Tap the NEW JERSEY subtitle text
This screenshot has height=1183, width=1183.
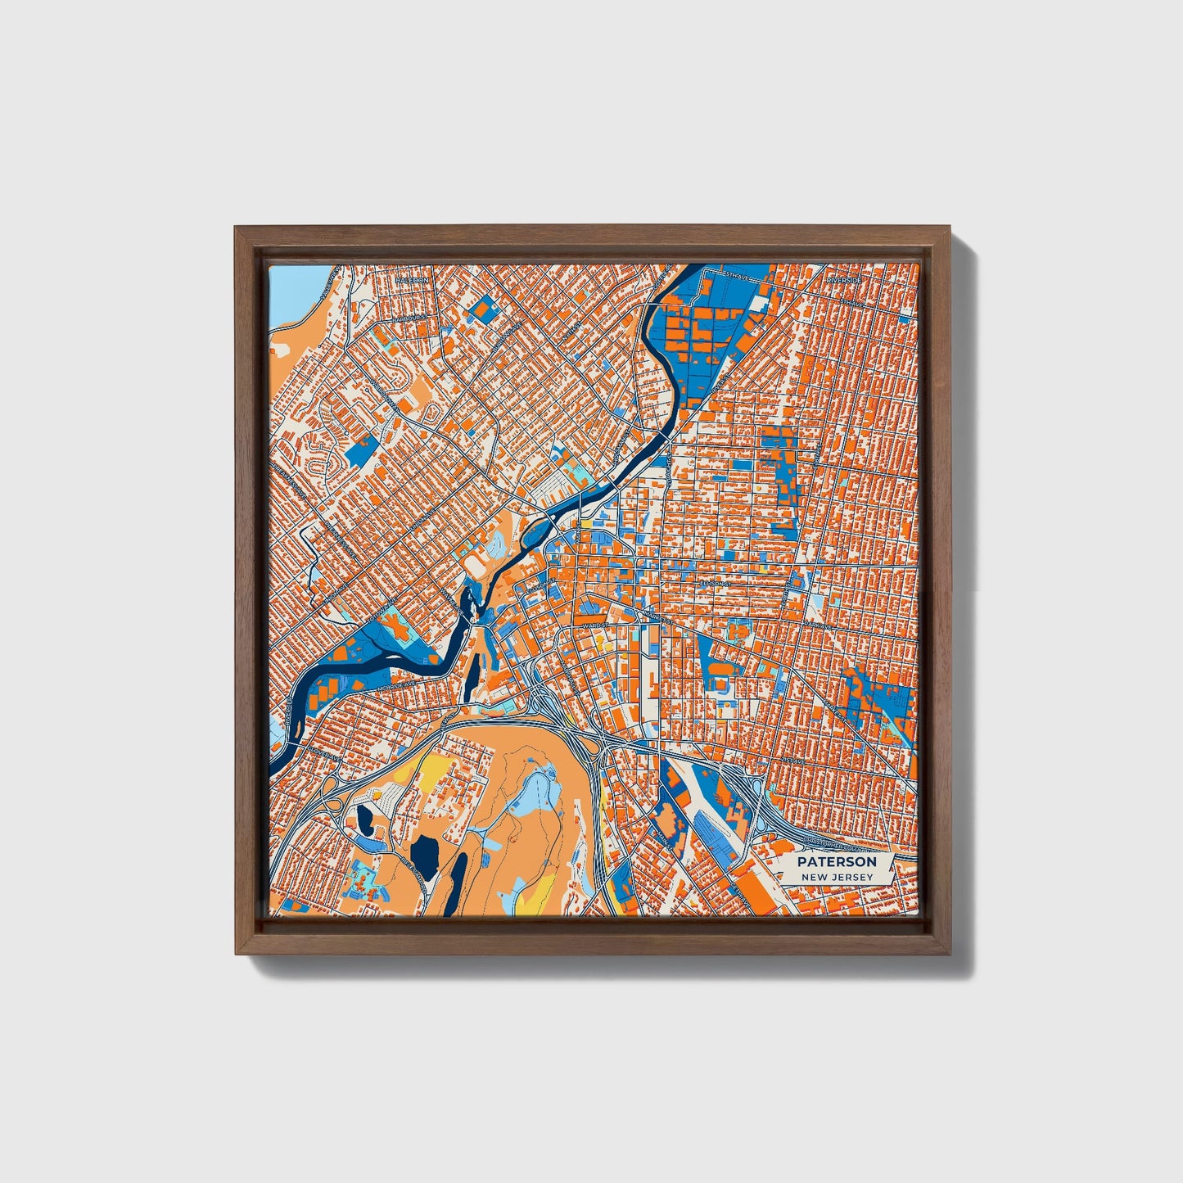(x=837, y=878)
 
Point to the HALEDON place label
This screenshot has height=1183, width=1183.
(x=412, y=280)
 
